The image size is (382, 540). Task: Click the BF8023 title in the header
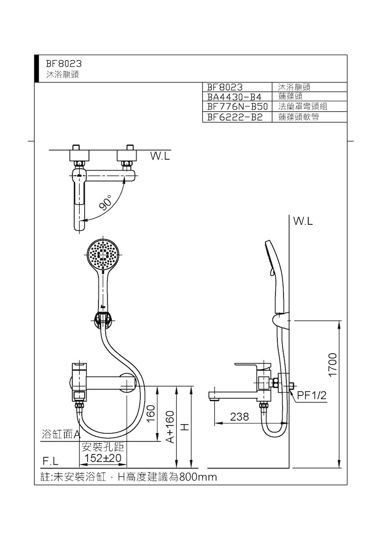click(64, 64)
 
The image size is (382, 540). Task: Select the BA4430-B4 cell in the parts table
click(234, 97)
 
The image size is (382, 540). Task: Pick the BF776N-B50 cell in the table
click(237, 106)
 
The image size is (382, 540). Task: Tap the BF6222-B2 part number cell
click(235, 117)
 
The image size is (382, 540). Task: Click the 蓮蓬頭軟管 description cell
click(298, 117)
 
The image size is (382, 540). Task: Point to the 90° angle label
click(106, 202)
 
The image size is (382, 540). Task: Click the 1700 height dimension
click(333, 364)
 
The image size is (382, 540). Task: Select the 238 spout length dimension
click(240, 417)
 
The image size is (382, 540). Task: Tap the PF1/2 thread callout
click(312, 395)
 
